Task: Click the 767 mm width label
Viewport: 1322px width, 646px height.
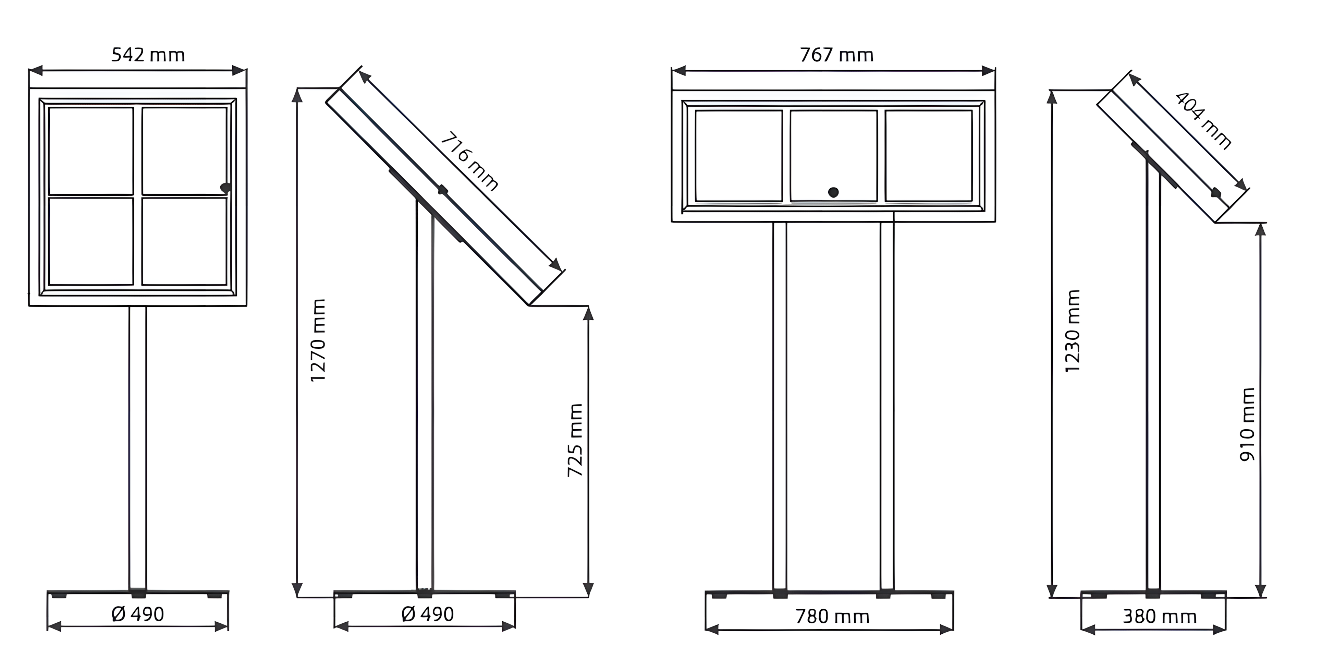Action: coord(836,55)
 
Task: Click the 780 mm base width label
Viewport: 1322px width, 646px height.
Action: coord(832,616)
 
